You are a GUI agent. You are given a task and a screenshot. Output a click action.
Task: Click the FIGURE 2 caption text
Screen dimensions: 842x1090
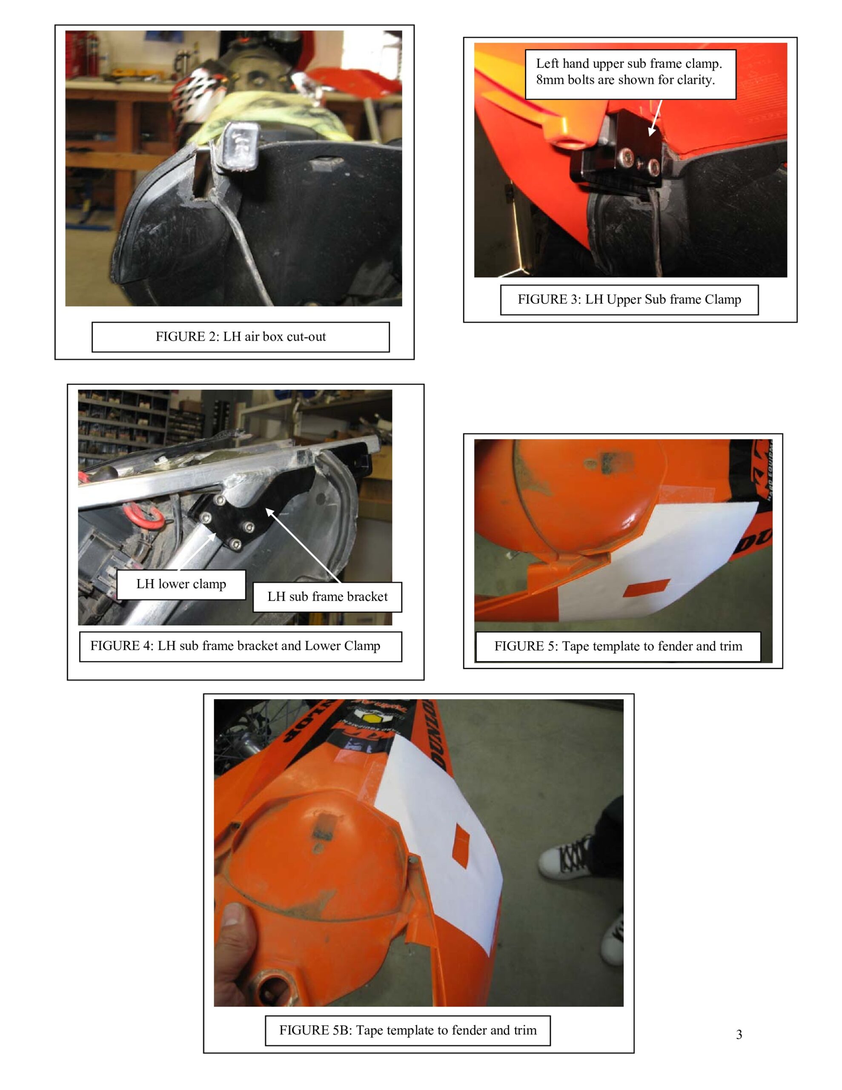click(241, 336)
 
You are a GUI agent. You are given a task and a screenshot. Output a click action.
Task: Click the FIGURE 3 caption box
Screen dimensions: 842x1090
click(630, 300)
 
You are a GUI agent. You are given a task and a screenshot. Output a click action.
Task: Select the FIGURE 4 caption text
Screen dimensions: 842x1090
click(235, 646)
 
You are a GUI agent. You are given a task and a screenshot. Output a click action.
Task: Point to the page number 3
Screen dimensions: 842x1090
click(739, 1035)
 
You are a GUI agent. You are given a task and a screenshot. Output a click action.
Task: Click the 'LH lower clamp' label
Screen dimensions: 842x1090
click(181, 585)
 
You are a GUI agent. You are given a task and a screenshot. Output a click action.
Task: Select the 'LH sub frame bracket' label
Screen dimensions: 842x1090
click(327, 597)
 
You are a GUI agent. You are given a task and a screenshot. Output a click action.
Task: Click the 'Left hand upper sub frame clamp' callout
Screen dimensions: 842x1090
click(630, 75)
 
